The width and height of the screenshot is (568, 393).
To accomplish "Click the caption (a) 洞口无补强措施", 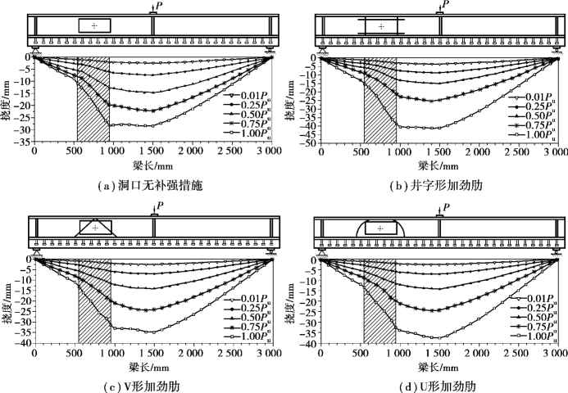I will tap(152, 185).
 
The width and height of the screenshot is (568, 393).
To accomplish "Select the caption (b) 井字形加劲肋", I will tap(439, 185).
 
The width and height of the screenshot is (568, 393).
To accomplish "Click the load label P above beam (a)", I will tap(158, 5).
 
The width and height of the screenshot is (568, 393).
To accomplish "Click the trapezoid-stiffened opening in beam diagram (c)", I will tap(97, 227).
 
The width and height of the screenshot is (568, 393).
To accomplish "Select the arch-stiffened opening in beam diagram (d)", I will tap(382, 227).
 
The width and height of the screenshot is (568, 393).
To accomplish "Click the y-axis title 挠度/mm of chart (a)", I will tap(7, 99).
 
